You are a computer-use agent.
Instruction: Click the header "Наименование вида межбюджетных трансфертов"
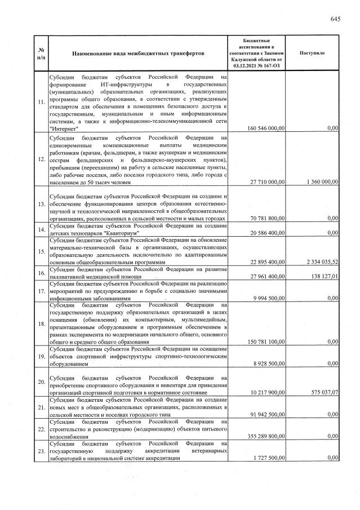[x=138, y=53]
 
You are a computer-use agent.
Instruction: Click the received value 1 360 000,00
[x=319, y=182]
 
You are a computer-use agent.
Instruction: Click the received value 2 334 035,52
[x=319, y=262]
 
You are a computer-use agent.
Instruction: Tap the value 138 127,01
[x=322, y=277]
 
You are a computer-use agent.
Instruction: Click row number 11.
[x=41, y=103]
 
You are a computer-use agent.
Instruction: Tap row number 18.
[x=41, y=324]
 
